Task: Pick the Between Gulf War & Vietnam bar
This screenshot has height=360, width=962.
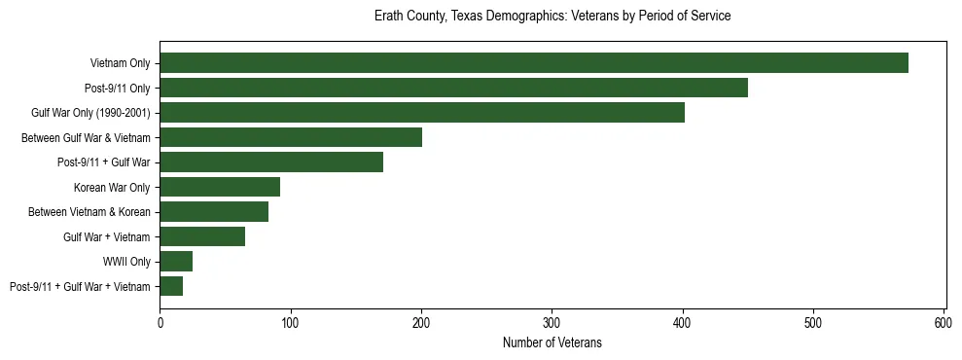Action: [x=291, y=137]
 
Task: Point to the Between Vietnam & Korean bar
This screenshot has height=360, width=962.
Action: [x=214, y=211]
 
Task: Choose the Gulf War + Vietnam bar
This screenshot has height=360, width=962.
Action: [x=202, y=236]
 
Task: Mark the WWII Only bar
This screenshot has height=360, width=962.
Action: [x=176, y=261]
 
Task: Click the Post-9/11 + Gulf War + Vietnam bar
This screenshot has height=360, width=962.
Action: [x=171, y=286]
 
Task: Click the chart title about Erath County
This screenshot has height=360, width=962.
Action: [x=552, y=17]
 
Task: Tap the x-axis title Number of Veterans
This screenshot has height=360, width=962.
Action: [x=552, y=342]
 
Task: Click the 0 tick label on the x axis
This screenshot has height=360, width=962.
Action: [x=160, y=322]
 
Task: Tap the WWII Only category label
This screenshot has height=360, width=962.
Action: [x=126, y=262]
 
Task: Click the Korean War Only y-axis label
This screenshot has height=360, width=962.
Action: [x=112, y=187]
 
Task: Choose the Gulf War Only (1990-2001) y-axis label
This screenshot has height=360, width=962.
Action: [x=90, y=113]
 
